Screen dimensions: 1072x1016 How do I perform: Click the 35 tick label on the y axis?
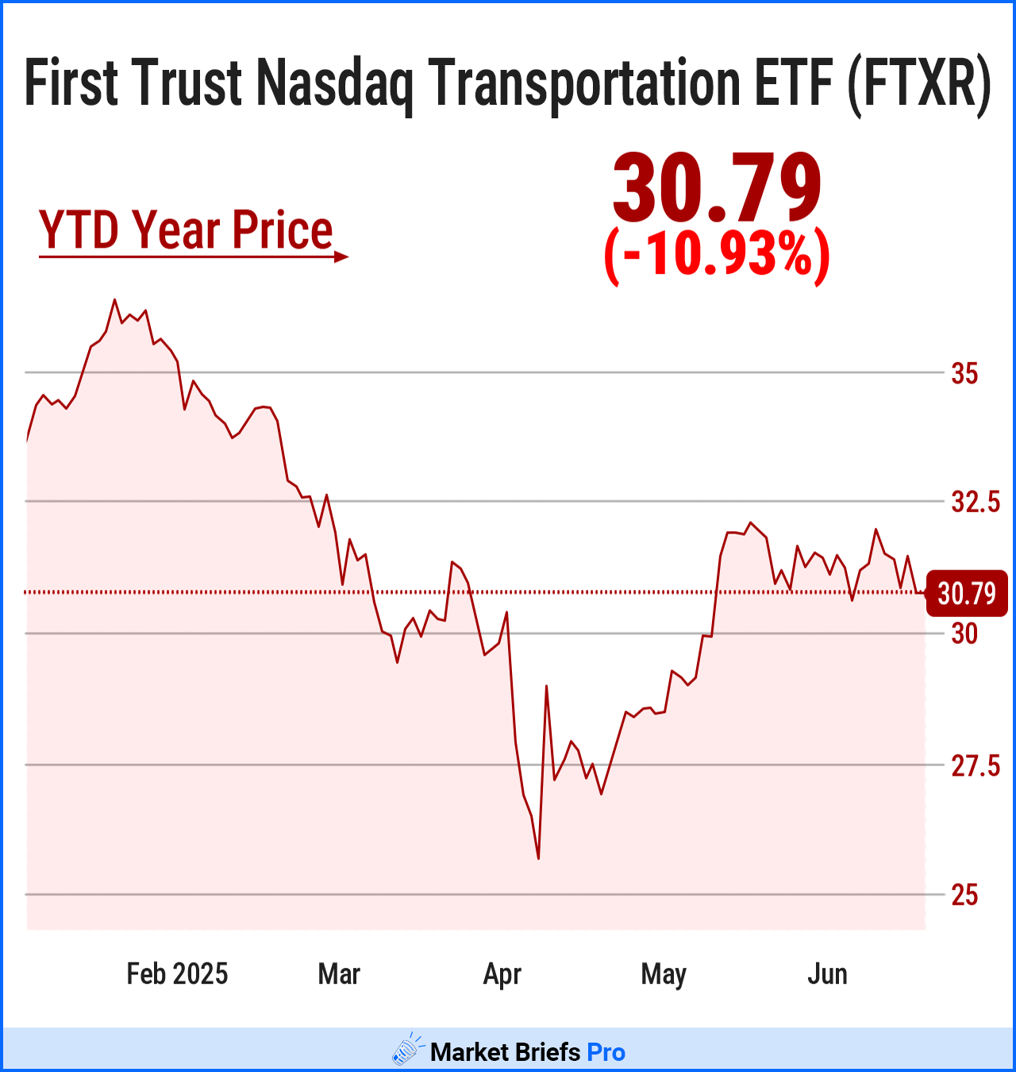pos(964,373)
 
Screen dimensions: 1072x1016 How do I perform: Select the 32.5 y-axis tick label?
pos(976,502)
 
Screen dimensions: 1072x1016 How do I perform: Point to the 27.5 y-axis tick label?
pos(976,766)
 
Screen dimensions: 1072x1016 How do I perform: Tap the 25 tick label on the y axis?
pos(964,896)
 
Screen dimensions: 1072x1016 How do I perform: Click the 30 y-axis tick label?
pos(964,634)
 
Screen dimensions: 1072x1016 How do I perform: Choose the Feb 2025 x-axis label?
pos(177,974)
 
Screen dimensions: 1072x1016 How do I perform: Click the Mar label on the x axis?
pos(339,974)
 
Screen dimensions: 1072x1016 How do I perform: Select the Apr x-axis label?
pos(502,974)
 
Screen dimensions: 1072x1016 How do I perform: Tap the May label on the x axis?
pos(664,974)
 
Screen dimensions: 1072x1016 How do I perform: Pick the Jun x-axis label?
pos(827,974)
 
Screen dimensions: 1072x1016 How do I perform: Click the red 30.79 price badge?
pos(966,593)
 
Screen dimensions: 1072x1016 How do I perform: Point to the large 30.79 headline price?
pos(717,189)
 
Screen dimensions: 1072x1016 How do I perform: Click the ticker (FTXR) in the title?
pos(919,83)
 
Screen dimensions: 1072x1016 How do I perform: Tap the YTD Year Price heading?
pos(186,230)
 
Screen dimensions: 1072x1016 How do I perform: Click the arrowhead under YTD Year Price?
pos(341,256)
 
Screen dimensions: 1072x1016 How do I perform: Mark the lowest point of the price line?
pos(538,858)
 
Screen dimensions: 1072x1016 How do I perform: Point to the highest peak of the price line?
pos(114,300)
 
